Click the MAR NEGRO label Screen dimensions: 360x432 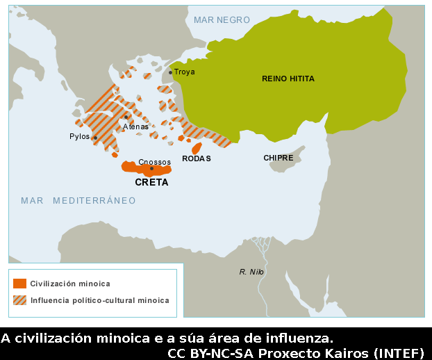222,19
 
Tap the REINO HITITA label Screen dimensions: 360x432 288,79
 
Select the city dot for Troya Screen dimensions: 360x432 170,72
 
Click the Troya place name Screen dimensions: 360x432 185,72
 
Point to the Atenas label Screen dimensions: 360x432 136,127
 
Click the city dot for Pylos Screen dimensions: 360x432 95,138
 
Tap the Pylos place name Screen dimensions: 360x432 79,137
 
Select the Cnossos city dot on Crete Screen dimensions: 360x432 151,168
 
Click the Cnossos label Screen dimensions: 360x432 154,161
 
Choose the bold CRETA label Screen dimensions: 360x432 151,183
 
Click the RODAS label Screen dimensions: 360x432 197,159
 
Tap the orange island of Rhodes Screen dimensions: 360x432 197,148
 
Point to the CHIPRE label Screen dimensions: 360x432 278,158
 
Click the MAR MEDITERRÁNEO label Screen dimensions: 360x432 78,201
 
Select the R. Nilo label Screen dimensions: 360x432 251,272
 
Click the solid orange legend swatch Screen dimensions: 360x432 20,284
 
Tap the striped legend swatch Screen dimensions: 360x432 20,300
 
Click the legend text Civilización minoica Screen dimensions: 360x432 70,284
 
